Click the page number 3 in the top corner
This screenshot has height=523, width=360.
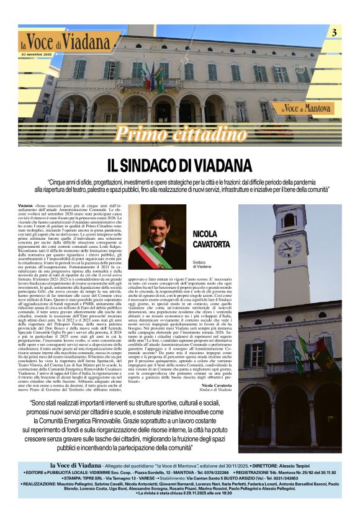(335, 32)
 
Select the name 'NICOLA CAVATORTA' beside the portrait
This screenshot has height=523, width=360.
(211, 239)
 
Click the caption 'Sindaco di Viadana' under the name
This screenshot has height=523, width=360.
(202, 264)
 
